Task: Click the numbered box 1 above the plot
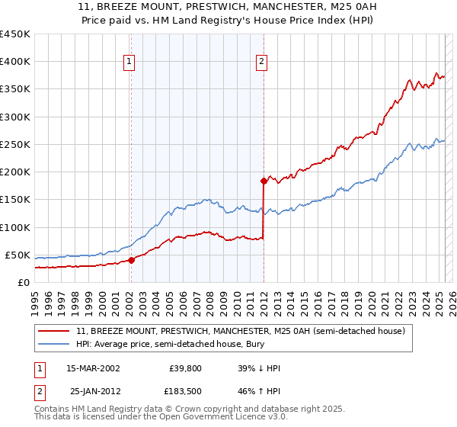129,63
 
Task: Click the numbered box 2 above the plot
262,63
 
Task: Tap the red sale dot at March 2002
131,260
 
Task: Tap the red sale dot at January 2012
264,181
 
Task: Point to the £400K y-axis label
15,62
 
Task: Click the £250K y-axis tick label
15,144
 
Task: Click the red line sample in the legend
55,331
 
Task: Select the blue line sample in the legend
55,344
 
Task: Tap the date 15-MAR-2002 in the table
93,368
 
